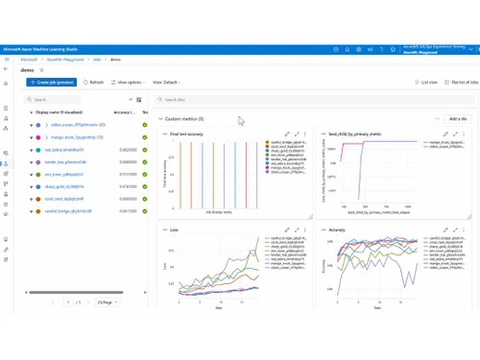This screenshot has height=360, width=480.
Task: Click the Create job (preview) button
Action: pos(52,83)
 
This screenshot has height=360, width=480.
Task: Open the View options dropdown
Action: pos(130,83)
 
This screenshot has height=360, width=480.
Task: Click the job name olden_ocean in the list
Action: pos(73,125)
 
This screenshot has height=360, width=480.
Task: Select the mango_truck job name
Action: pos(73,137)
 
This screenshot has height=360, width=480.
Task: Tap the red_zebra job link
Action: pos(65,150)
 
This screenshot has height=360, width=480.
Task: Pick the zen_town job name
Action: pos(65,175)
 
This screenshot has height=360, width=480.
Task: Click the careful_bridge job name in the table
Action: pos(68,210)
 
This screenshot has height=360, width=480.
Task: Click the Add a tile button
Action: pos(457,118)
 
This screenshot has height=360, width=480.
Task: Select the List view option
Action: pos(428,83)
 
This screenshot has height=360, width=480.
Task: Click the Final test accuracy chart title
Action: pos(184,134)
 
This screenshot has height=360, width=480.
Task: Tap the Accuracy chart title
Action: pos(338,230)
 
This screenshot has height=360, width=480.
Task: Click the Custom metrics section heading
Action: pos(184,118)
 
